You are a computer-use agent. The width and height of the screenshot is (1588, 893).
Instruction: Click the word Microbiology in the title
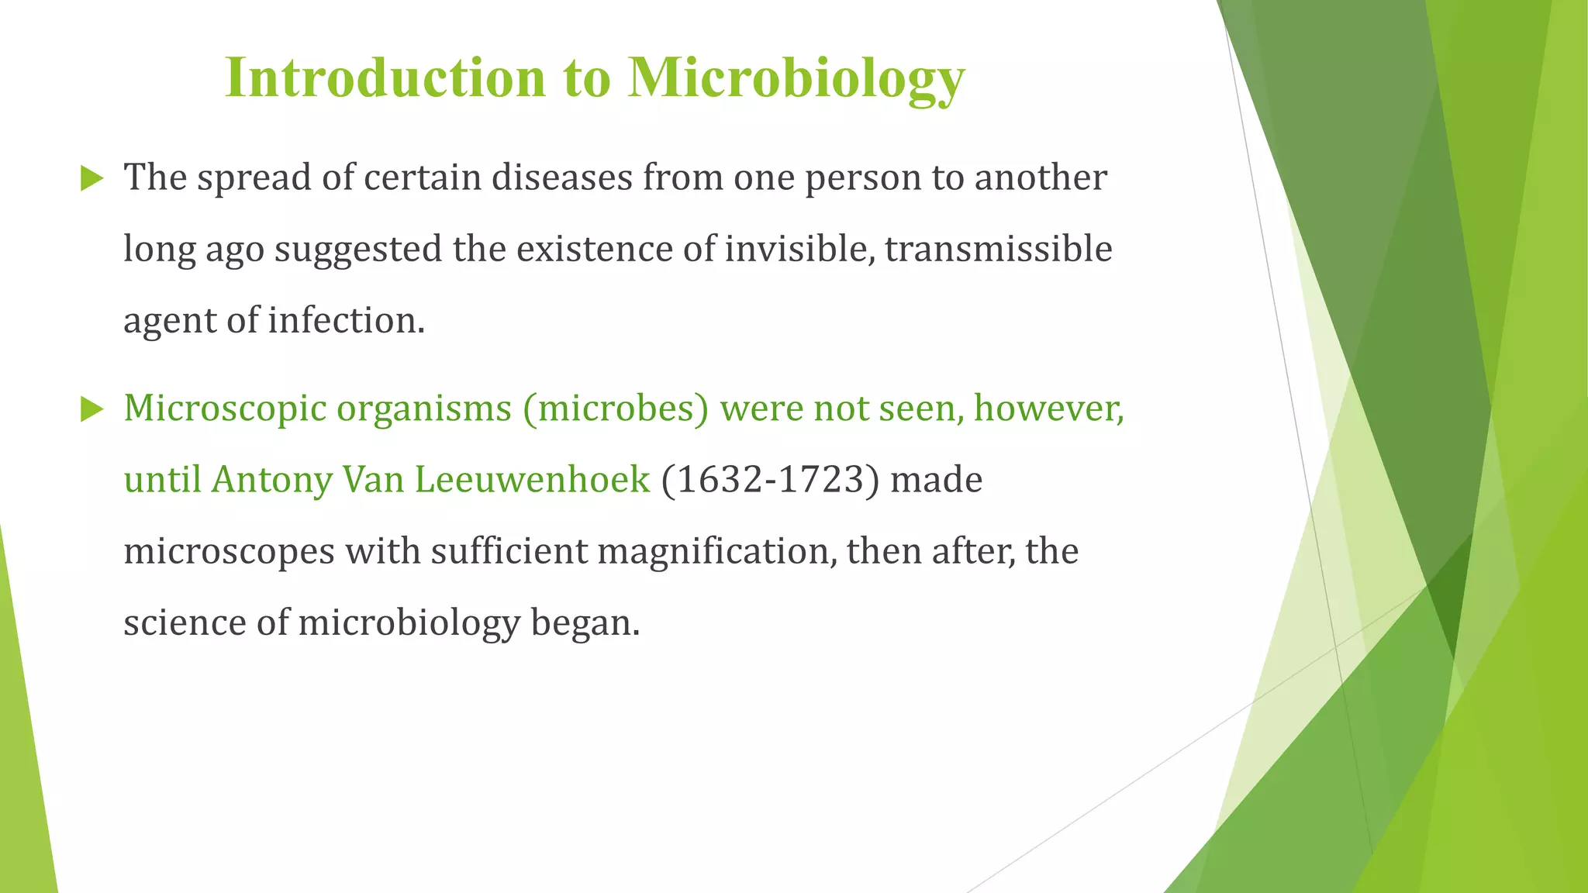(796, 78)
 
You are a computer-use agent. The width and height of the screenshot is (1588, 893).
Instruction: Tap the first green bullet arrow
(91, 179)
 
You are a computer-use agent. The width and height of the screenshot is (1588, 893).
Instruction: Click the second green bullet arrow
(91, 409)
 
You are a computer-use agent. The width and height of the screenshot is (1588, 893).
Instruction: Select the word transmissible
(998, 249)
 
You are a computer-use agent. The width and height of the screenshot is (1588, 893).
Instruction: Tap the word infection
(346, 320)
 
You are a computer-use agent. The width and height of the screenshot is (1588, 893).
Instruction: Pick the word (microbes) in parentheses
(616, 409)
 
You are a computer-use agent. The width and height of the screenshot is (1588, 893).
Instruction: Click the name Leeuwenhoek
(532, 480)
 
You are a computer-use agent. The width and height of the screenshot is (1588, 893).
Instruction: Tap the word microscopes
(229, 552)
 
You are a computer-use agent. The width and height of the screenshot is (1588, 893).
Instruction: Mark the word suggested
(357, 250)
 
